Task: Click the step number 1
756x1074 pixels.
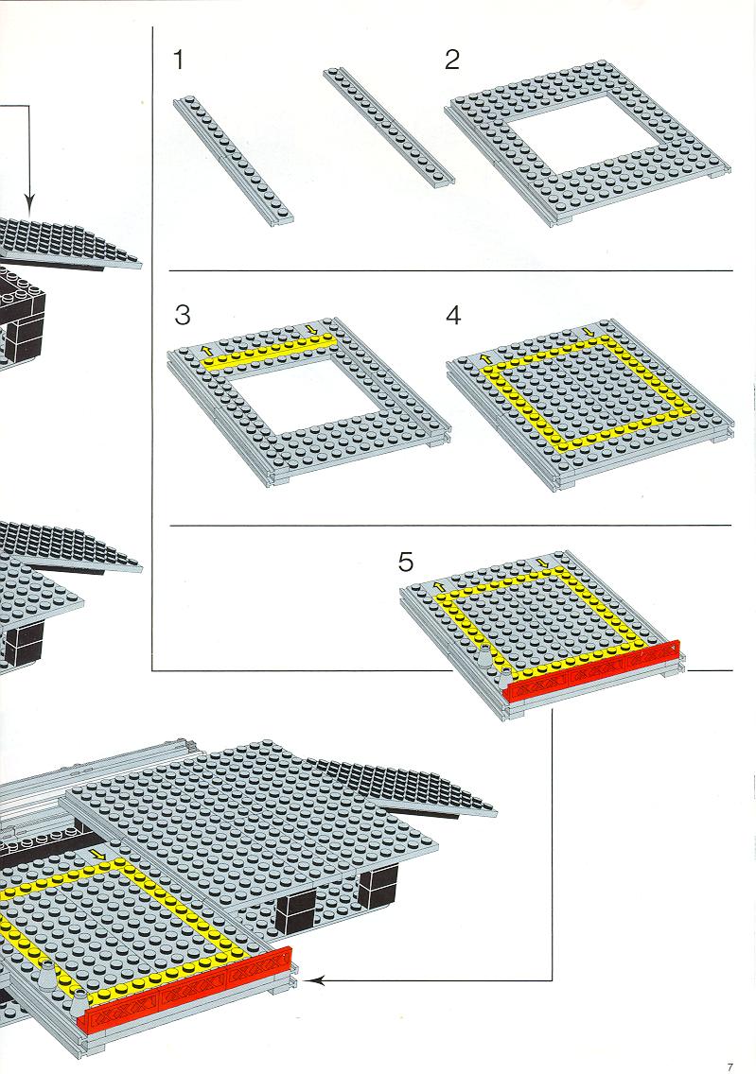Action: click(x=179, y=60)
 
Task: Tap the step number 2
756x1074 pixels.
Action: click(x=451, y=60)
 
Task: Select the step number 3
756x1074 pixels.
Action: click(x=182, y=315)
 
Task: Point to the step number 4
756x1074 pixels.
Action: click(x=453, y=315)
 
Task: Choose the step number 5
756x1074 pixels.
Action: click(x=406, y=563)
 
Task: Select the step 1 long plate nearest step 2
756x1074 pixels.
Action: click(x=389, y=126)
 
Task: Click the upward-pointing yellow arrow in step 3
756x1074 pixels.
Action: click(x=205, y=349)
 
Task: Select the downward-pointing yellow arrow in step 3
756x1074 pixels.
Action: click(x=313, y=330)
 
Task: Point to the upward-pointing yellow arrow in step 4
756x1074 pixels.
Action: click(x=485, y=357)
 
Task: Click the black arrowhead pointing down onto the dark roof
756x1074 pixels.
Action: click(x=28, y=202)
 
